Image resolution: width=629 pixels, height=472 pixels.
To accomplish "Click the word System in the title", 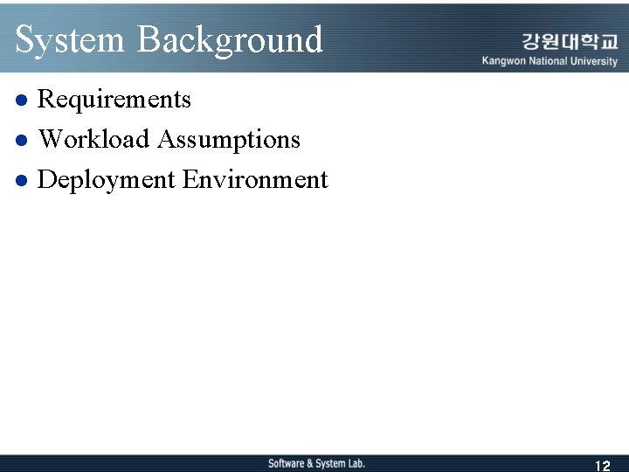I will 70,40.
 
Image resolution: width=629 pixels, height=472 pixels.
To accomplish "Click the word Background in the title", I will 230,40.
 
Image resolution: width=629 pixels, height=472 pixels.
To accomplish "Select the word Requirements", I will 114,100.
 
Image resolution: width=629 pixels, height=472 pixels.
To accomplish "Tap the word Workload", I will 94,140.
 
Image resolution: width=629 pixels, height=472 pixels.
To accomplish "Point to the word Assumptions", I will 229,140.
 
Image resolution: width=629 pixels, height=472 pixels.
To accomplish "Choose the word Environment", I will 255,180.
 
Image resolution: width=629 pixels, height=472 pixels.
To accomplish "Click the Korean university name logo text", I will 570,41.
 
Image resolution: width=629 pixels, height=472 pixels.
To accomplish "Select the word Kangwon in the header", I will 505,61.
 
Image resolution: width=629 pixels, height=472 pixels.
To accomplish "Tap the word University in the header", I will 596,61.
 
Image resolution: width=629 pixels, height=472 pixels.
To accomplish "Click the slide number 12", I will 602,466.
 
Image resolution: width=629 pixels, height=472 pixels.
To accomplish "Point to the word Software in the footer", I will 286,463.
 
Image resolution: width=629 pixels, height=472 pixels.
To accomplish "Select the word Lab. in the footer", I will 355,463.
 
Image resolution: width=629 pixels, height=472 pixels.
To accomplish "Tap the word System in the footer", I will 329,463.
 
